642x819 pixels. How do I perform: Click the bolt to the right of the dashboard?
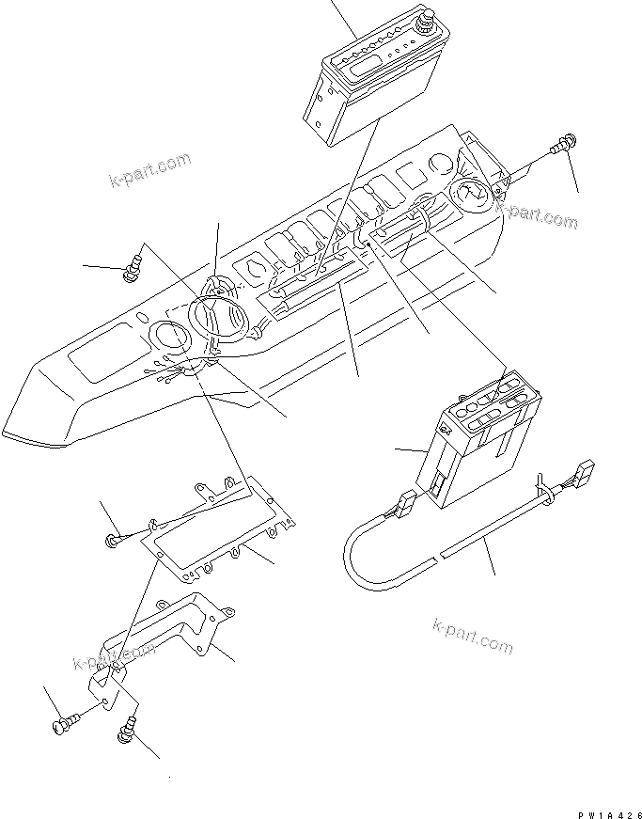tap(564, 146)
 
